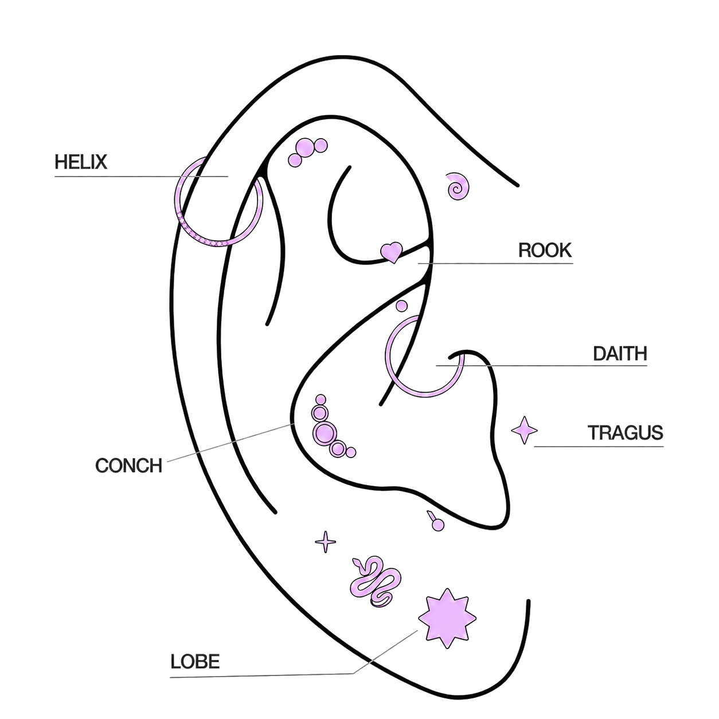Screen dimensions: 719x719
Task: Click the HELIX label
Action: (x=81, y=162)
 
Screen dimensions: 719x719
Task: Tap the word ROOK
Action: (x=545, y=250)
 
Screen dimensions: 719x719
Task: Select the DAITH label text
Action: (x=620, y=353)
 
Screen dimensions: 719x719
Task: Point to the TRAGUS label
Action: (x=626, y=432)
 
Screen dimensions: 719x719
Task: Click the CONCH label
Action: (x=129, y=465)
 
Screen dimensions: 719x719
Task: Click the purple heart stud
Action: (x=392, y=252)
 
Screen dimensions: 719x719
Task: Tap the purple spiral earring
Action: (x=458, y=186)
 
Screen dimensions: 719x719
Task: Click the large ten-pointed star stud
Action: (x=447, y=618)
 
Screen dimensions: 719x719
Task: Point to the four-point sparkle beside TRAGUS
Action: (x=524, y=430)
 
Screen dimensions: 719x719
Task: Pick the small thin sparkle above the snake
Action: (x=325, y=541)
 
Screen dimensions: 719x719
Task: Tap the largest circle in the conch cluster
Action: (x=324, y=432)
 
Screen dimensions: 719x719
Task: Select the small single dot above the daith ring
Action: (x=401, y=306)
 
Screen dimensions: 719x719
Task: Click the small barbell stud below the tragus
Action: (x=436, y=522)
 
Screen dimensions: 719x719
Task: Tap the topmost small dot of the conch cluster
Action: (x=321, y=399)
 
